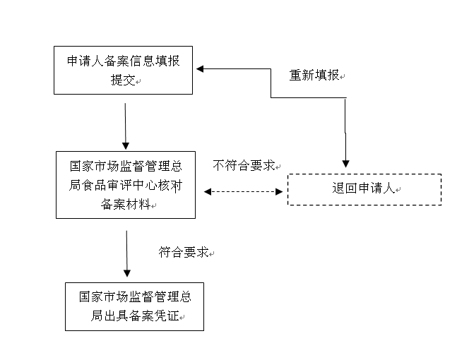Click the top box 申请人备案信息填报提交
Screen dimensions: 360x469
point(124,70)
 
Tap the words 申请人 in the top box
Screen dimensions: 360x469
point(83,61)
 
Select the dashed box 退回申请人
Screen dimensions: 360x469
point(364,189)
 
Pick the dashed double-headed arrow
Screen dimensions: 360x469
point(243,191)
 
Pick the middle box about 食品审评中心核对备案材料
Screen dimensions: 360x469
point(126,185)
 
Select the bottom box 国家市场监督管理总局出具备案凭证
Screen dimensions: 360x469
point(134,306)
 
